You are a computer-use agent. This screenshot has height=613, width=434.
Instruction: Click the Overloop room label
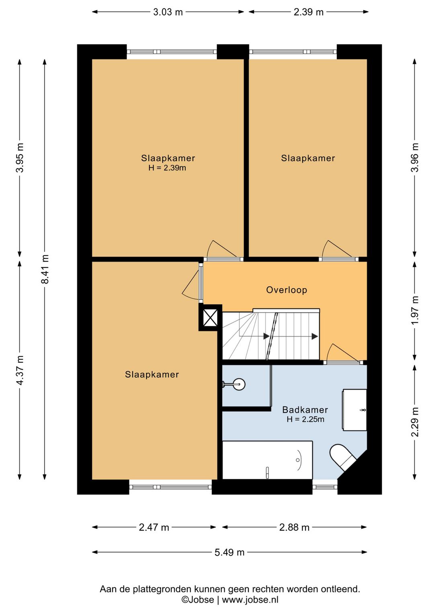coord(287,290)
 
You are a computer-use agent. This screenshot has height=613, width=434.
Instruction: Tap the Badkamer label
coord(305,410)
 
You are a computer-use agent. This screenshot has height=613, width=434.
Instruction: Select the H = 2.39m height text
coord(167,168)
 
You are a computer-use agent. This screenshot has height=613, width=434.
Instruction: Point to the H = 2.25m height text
coord(305,419)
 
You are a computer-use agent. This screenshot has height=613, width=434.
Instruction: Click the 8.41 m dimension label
coord(45,269)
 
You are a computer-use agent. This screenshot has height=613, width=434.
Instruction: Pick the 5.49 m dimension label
coord(229,552)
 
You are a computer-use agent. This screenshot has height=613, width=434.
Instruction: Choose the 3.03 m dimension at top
coord(168,12)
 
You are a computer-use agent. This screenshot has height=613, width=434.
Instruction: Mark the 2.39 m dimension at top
coord(309,12)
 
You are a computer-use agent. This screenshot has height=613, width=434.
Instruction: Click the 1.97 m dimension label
coord(415,310)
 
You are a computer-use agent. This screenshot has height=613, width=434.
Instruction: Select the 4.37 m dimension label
coord(20,370)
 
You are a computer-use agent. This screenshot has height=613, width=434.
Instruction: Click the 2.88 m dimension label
coord(294,527)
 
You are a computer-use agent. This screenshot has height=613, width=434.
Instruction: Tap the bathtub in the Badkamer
coord(267,460)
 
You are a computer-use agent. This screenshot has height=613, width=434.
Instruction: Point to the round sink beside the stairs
coord(239,384)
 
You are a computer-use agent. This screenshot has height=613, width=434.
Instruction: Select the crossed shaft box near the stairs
coord(210,318)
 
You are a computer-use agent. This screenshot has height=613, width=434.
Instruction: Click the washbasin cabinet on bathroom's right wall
coord(354,410)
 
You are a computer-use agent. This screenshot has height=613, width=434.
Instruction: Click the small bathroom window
coord(325,487)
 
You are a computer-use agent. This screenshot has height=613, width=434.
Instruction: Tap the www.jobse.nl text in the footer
coord(250,600)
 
